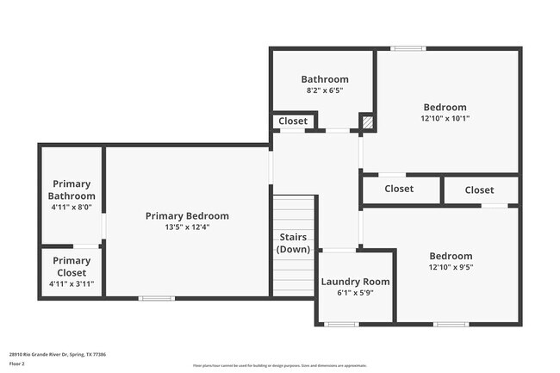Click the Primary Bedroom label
tap(187, 215)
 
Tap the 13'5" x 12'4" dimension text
tap(187, 227)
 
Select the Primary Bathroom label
tap(72, 190)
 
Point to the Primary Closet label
tap(72, 266)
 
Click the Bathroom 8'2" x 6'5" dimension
tap(324, 90)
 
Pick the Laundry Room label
tap(355, 281)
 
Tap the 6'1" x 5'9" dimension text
tap(355, 293)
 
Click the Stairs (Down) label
tap(293, 243)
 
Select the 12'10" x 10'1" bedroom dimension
tap(445, 119)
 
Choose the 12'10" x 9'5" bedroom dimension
tap(451, 268)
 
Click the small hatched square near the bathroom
tap(367, 122)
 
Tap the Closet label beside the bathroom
tap(293, 121)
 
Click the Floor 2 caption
tap(17, 364)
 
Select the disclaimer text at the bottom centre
tap(279, 365)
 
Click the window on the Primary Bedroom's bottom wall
tap(156, 298)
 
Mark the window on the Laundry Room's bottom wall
tap(342, 324)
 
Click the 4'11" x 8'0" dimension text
tap(72, 207)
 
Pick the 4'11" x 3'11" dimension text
tap(72, 283)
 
